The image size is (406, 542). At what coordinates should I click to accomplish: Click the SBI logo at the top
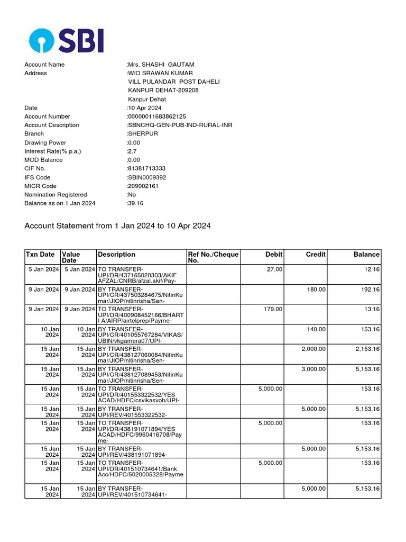[x=67, y=41]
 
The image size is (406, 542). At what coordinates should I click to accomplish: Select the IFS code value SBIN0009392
[x=146, y=177]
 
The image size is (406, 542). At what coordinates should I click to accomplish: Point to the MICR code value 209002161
[x=143, y=186]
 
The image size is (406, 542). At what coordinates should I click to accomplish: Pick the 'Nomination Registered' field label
[x=56, y=195]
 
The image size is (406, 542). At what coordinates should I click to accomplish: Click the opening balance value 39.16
[x=135, y=203]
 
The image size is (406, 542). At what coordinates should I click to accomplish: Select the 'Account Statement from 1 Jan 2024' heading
[x=117, y=226]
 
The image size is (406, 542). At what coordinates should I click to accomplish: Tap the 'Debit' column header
[x=273, y=255]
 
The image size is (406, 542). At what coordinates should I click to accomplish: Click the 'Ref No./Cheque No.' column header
[x=213, y=257]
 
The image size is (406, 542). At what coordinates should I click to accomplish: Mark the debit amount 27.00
[x=275, y=269]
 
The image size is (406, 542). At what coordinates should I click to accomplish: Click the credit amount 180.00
[x=316, y=290]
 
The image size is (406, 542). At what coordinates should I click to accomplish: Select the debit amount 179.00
[x=273, y=309]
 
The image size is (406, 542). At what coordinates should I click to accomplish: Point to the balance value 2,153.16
[x=367, y=349]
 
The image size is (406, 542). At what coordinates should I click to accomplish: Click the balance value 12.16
[x=371, y=269]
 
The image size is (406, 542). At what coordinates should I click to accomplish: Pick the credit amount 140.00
[x=316, y=329]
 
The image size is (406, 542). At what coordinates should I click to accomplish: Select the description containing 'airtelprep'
[x=141, y=315]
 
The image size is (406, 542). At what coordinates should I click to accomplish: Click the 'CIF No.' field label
[x=36, y=168]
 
